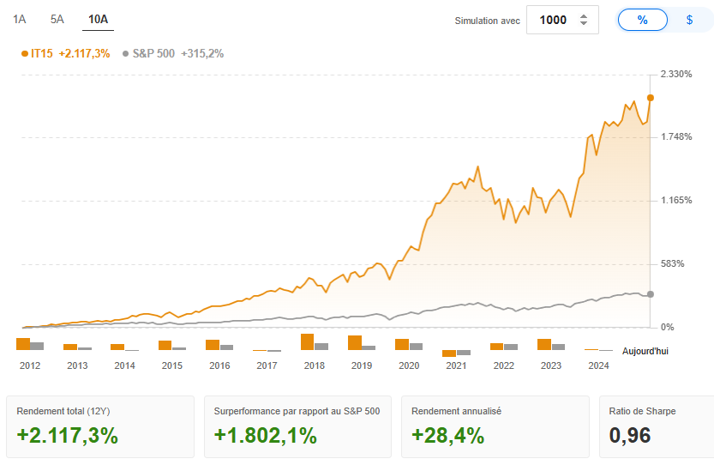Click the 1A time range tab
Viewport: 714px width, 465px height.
pyautogui.click(x=20, y=19)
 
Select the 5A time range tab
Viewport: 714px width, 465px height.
pyautogui.click(x=57, y=19)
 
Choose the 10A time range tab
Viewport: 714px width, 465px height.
pyautogui.click(x=98, y=19)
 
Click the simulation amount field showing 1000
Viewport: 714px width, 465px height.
pyautogui.click(x=554, y=20)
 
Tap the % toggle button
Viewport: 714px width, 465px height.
pyautogui.click(x=642, y=20)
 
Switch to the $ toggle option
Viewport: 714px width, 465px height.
pyautogui.click(x=689, y=20)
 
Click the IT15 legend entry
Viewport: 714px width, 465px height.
pyautogui.click(x=65, y=53)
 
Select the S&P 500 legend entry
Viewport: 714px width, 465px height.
pyautogui.click(x=173, y=53)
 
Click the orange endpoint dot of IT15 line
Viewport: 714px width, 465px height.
pyautogui.click(x=651, y=98)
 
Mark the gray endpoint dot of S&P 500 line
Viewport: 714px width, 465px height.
pyautogui.click(x=651, y=294)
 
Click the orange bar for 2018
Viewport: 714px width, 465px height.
pyautogui.click(x=307, y=341)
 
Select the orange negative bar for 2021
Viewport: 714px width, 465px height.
pyautogui.click(x=449, y=353)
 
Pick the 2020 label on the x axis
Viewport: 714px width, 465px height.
pyautogui.click(x=409, y=365)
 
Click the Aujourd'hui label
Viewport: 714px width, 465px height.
pyautogui.click(x=645, y=352)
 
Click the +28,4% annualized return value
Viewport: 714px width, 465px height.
pyautogui.click(x=447, y=435)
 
